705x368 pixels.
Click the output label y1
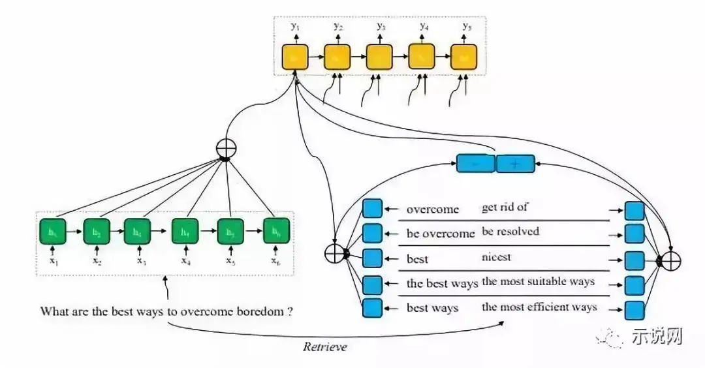pos(296,27)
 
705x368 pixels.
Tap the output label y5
pos(467,27)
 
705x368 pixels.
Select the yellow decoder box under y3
pos(379,57)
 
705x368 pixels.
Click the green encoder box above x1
pos(52,231)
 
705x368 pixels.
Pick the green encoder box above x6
pos(275,231)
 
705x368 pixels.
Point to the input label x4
pos(186,260)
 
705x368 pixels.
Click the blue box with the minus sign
pos(475,163)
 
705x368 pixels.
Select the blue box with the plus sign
pos(515,163)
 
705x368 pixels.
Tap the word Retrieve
pos(324,347)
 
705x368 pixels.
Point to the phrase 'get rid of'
pos(505,207)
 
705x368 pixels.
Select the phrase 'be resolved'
pos(511,232)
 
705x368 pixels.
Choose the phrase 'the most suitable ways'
pos(538,282)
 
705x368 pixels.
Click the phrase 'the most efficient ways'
pos(539,307)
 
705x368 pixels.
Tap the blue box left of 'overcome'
pos(371,209)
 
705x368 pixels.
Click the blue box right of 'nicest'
pos(634,260)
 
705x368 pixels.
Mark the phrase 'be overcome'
pos(441,234)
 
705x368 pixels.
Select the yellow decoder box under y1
pos(294,57)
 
